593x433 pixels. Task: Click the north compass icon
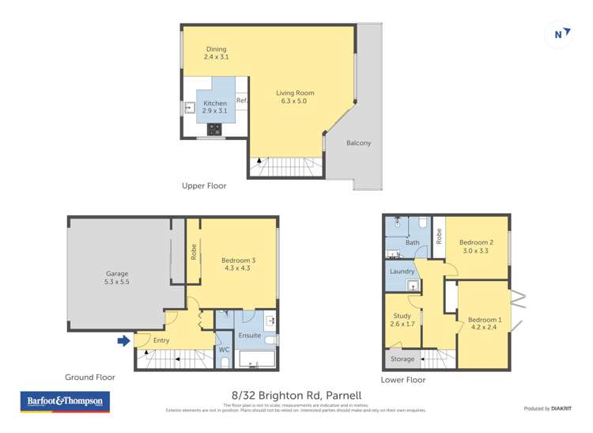click(x=560, y=34)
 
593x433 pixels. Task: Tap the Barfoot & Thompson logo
click(x=65, y=402)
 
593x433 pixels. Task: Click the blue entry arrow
click(x=123, y=341)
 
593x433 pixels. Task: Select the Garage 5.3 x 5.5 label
click(x=116, y=277)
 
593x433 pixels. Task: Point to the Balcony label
click(x=358, y=143)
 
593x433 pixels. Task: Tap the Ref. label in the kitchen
click(x=242, y=101)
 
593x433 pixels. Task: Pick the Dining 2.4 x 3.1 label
click(x=216, y=53)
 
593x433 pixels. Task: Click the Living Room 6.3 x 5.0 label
click(x=291, y=97)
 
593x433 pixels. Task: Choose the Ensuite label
click(x=249, y=336)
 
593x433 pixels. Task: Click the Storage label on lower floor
click(x=402, y=359)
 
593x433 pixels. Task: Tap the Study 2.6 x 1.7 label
click(x=402, y=320)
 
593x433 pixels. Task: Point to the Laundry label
click(x=402, y=272)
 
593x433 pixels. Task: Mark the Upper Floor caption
click(x=204, y=186)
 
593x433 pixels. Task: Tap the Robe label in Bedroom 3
click(x=194, y=251)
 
